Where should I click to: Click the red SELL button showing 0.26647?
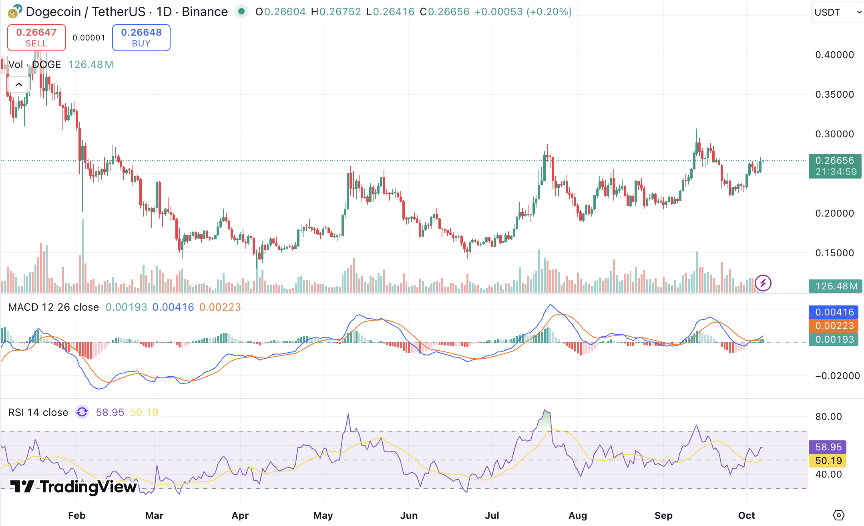click(x=36, y=38)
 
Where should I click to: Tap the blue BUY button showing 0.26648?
click(x=141, y=38)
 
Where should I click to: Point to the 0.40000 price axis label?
click(x=834, y=55)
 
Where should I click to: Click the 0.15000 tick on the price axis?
click(x=834, y=253)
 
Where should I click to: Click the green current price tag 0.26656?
click(x=835, y=166)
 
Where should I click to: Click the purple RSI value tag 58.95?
click(x=828, y=447)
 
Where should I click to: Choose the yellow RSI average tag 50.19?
click(x=828, y=461)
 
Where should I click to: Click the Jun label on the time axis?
click(x=409, y=516)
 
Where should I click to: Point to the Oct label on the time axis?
click(x=746, y=516)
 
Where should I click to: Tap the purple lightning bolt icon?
click(x=763, y=283)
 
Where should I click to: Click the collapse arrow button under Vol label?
click(x=18, y=84)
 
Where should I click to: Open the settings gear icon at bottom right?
click(x=838, y=515)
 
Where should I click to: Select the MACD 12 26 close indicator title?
click(x=54, y=307)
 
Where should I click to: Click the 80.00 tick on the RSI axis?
click(x=828, y=417)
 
